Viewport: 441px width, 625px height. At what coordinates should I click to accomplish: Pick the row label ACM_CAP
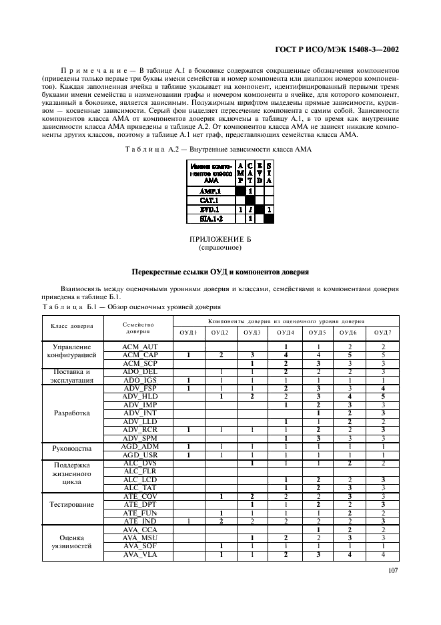click(139, 355)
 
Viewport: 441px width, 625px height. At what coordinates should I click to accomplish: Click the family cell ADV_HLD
click(139, 396)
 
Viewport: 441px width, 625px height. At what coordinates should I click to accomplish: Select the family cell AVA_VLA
click(139, 554)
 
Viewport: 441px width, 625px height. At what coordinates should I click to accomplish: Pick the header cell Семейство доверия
click(139, 327)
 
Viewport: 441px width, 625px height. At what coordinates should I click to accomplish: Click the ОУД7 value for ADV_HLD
click(383, 396)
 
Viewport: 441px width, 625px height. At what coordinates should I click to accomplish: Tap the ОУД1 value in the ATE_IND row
click(189, 520)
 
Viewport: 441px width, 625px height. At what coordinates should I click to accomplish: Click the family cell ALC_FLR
click(139, 470)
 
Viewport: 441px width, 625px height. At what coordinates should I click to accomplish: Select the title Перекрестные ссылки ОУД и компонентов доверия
click(219, 272)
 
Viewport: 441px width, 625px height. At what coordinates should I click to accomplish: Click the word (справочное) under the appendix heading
click(219, 247)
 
